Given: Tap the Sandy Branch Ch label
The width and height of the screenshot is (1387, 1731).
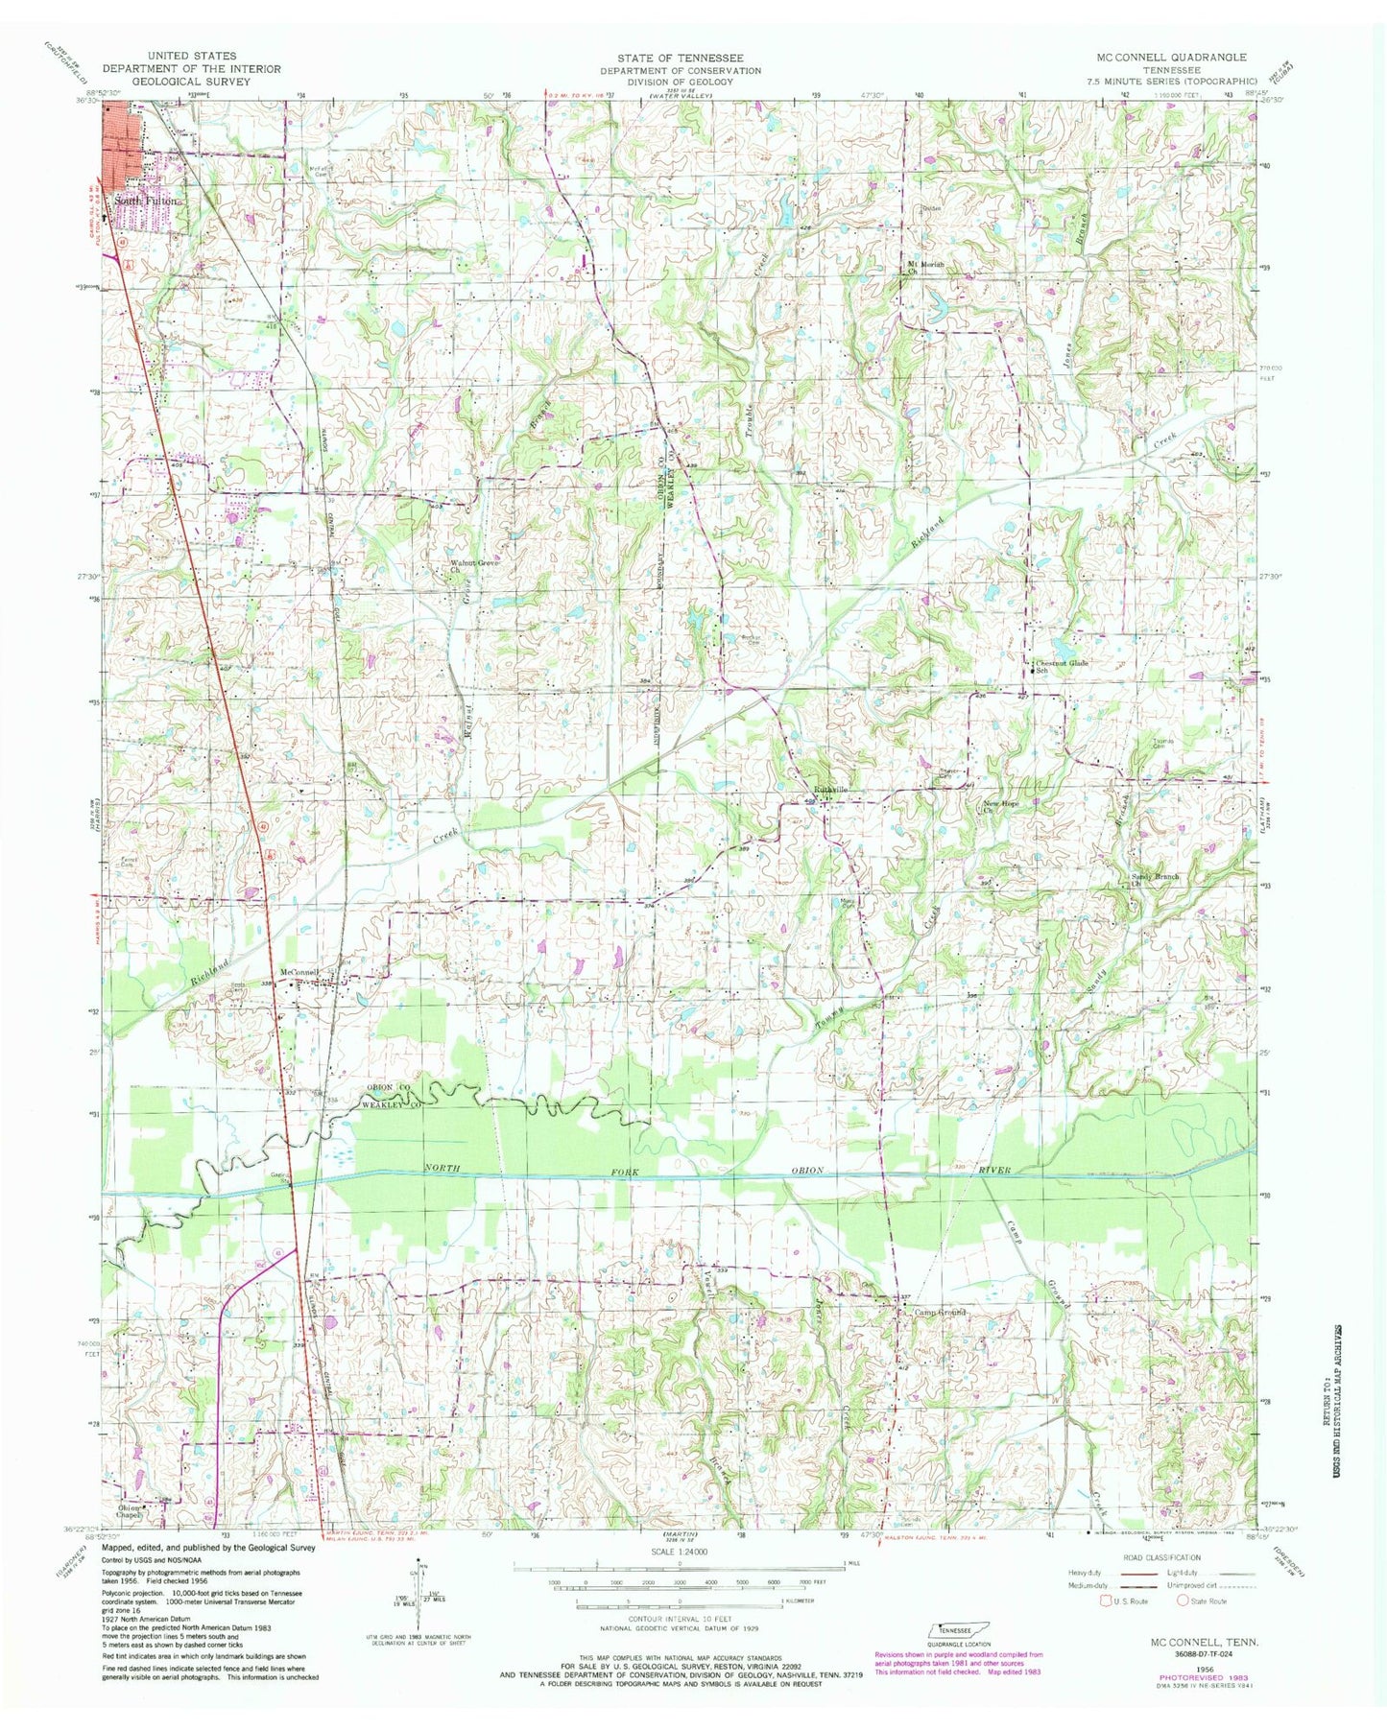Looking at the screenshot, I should pos(1153,880).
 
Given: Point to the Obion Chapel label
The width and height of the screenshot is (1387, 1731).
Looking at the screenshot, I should pos(137,1506).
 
